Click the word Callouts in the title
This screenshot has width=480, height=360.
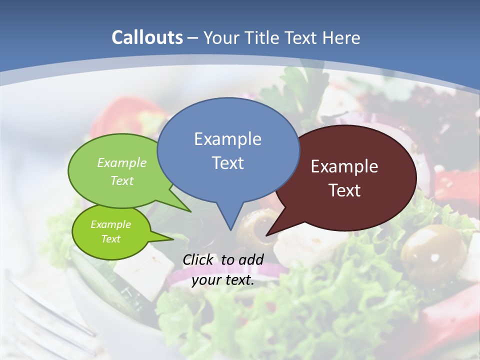[147, 37]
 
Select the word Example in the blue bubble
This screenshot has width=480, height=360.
[227, 139]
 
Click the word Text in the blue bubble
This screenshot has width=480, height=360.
[227, 163]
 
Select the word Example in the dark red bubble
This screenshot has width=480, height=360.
[344, 166]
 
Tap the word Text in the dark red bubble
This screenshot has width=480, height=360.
[344, 190]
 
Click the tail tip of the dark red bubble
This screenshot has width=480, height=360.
[267, 234]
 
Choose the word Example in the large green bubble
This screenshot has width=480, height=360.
[122, 163]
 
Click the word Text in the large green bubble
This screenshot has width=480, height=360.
[122, 180]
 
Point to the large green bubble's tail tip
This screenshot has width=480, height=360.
[190, 211]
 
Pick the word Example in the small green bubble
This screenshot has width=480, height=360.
[110, 224]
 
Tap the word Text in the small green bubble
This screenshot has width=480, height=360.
[110, 239]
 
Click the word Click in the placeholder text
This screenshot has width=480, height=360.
[198, 259]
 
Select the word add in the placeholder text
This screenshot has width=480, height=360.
[251, 259]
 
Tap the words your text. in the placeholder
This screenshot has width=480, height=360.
[223, 280]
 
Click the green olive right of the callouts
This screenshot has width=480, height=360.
[426, 247]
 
